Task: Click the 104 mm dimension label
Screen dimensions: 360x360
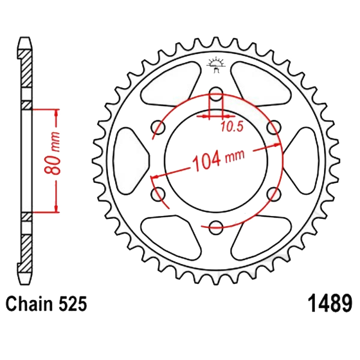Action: (x=218, y=160)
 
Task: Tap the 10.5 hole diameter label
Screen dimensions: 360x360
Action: (x=232, y=127)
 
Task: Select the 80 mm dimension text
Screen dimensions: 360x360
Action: (x=53, y=153)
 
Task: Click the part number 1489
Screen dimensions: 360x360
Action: (x=330, y=303)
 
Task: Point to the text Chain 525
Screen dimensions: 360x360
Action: (x=47, y=303)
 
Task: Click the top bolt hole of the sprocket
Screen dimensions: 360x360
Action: (x=216, y=94)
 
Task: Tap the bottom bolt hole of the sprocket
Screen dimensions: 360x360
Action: (x=216, y=228)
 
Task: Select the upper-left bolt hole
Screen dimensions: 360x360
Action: (x=158, y=127)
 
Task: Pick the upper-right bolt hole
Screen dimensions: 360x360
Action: (x=274, y=127)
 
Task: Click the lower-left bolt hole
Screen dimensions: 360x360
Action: (x=158, y=194)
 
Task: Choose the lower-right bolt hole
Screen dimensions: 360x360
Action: (x=274, y=194)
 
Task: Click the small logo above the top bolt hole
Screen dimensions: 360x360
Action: (x=216, y=65)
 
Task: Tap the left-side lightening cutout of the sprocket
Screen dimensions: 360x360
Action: (x=131, y=161)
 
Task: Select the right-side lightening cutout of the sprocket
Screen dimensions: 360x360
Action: (x=301, y=161)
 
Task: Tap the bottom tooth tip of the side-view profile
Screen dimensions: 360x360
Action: (x=25, y=284)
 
